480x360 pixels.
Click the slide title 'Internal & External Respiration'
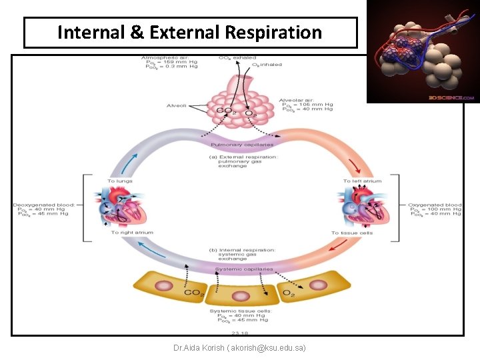(x=190, y=33)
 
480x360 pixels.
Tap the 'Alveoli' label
(x=177, y=105)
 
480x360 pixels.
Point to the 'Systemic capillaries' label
(x=244, y=269)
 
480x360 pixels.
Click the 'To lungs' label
(x=120, y=181)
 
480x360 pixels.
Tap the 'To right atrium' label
(x=132, y=232)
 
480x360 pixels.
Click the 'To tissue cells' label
(x=353, y=233)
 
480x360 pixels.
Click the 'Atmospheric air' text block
(x=170, y=62)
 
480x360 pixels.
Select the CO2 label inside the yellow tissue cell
(x=193, y=293)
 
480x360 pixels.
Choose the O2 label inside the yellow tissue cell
(x=289, y=293)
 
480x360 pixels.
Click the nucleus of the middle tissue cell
(x=241, y=295)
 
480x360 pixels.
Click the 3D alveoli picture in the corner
(x=422, y=51)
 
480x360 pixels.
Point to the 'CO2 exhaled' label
(x=237, y=58)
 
